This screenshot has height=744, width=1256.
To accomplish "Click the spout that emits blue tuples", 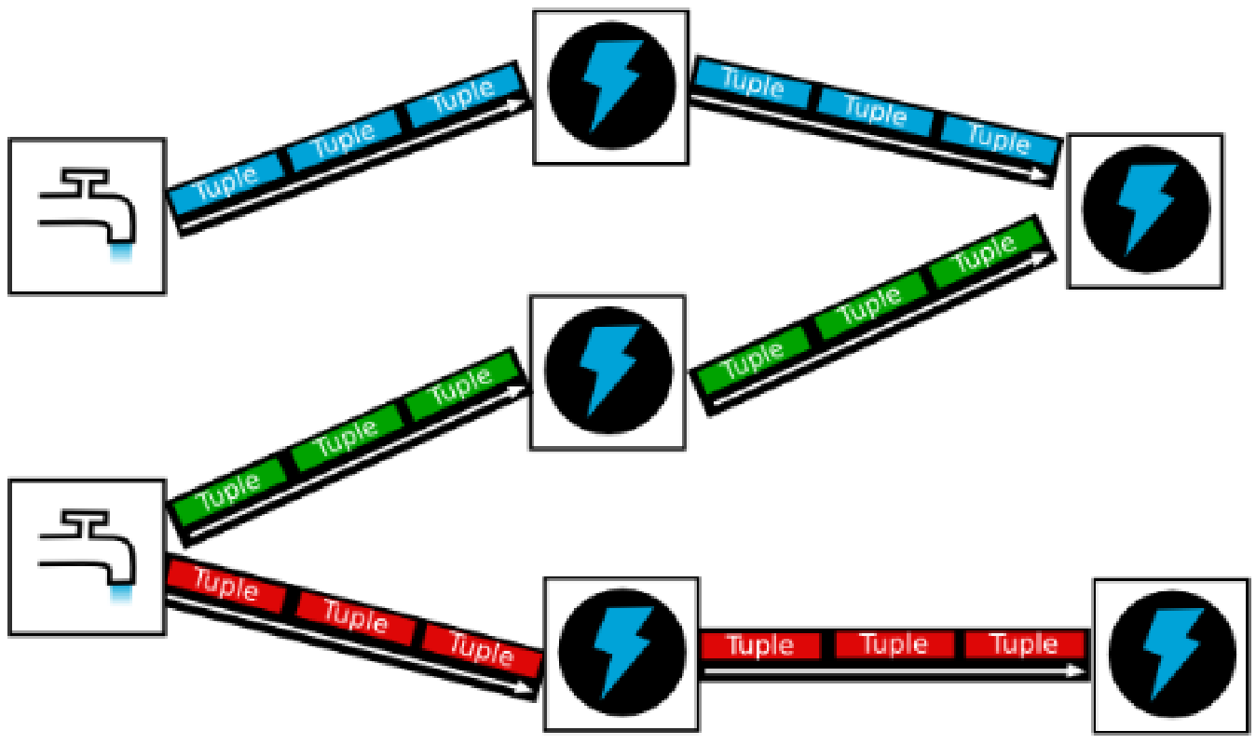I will [87, 216].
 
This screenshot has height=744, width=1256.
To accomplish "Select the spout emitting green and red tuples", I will [87, 557].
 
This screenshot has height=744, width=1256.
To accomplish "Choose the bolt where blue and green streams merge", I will [1144, 210].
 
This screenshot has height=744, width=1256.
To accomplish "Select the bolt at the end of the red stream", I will [1170, 656].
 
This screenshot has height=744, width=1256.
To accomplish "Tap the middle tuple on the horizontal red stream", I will [894, 644].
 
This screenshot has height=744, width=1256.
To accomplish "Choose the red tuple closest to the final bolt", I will [1025, 644].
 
